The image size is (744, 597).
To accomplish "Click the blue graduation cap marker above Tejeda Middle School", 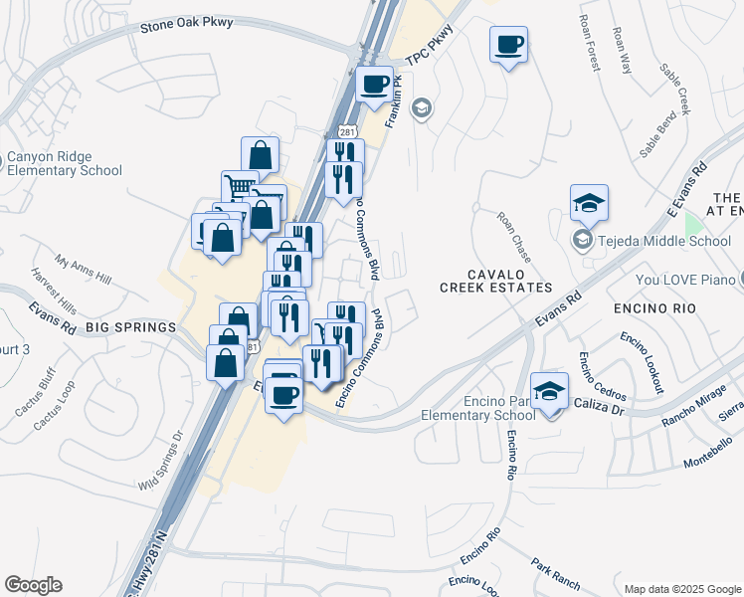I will pos(589,203).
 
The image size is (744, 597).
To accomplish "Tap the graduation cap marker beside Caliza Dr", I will pos(549,390).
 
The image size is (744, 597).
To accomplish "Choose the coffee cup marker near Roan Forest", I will pos(508,45).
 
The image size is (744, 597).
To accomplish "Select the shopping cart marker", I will pos(240,188).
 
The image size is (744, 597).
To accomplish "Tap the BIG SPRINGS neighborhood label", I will pos(130,326).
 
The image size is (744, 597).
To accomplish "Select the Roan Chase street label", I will pos(514,236).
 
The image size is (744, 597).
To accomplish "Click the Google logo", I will pos(33,585).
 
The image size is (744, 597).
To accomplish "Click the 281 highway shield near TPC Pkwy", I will pos(346,131).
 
